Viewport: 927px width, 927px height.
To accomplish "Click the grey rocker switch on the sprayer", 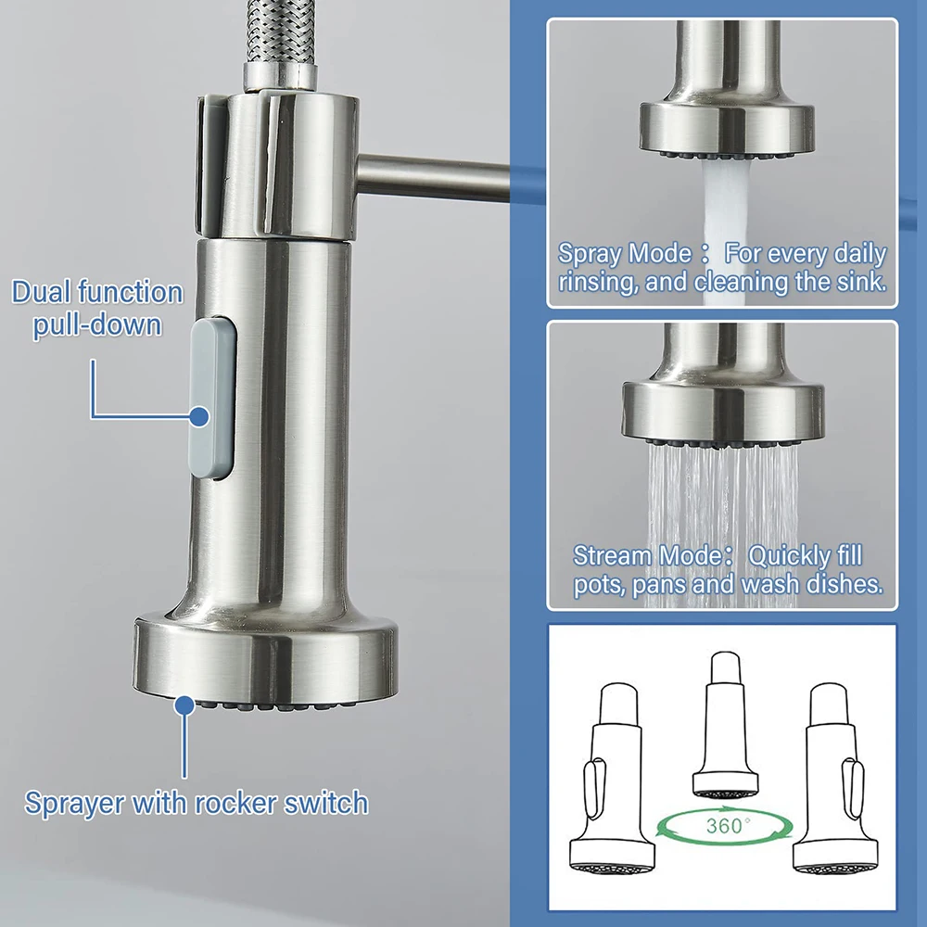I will (211, 398).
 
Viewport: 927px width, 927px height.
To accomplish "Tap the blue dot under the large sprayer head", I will (185, 704).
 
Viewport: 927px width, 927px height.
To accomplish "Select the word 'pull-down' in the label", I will (97, 325).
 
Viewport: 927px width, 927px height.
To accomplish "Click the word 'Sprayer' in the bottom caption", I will (73, 802).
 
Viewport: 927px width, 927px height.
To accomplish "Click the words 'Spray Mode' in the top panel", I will (624, 253).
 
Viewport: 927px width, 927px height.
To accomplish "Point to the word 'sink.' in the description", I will (857, 282).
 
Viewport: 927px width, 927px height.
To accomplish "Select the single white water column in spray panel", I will (721, 199).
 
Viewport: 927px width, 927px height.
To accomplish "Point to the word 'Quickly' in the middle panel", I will (790, 555).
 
